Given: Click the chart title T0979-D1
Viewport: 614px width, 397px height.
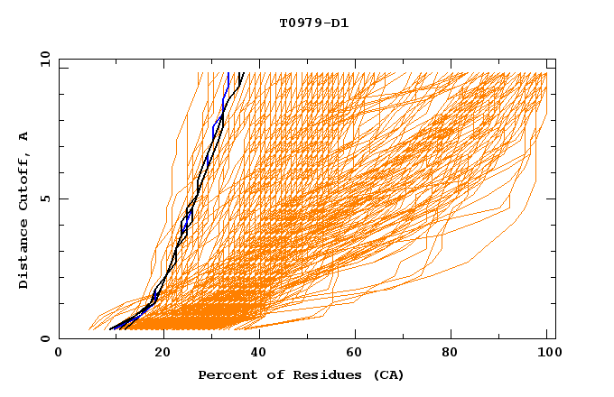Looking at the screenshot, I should pyautogui.click(x=313, y=23).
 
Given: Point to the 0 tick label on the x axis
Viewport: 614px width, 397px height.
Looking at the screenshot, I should pyautogui.click(x=59, y=353).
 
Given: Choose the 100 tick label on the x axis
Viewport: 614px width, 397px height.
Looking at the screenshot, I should pyautogui.click(x=546, y=353).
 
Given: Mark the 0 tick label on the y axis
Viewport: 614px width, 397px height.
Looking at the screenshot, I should pyautogui.click(x=45, y=339).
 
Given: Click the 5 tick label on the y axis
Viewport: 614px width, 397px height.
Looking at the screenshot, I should pyautogui.click(x=45, y=198).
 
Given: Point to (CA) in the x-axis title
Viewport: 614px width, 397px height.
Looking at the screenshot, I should pyautogui.click(x=387, y=374).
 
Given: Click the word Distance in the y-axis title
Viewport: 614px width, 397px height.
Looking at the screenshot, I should pyautogui.click(x=24, y=254).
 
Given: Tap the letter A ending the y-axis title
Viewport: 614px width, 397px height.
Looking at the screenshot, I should pyautogui.click(x=24, y=136).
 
